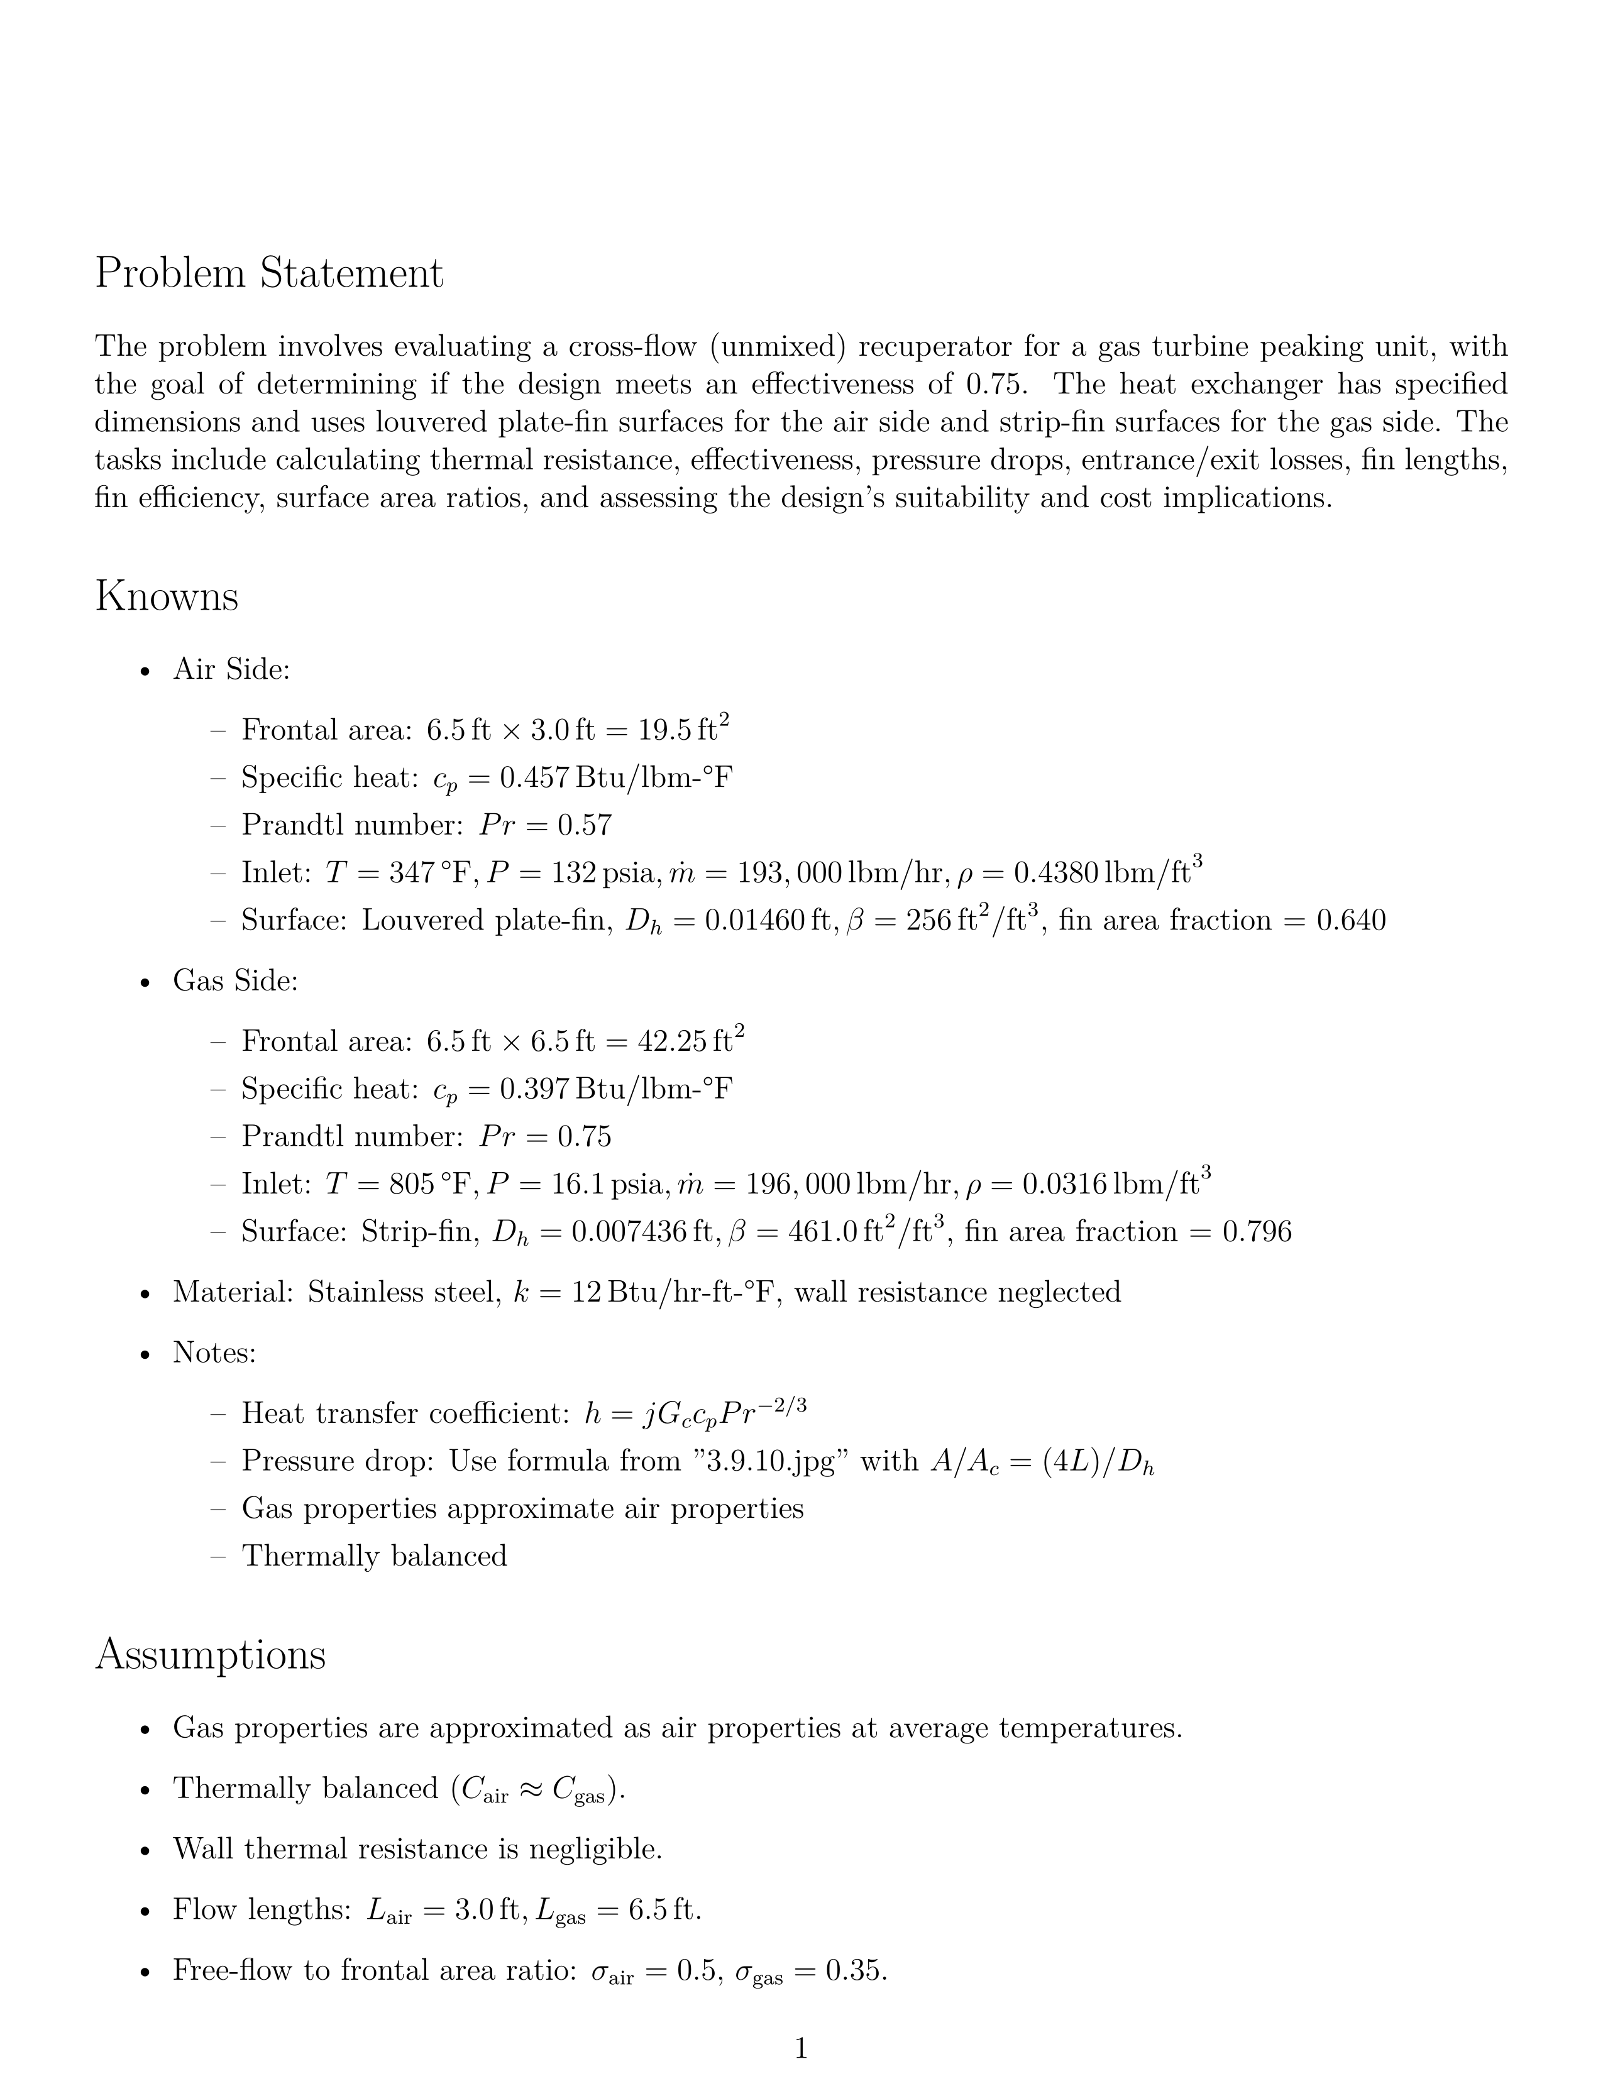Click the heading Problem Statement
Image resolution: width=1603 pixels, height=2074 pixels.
[269, 275]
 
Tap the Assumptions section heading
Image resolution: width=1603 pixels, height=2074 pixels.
[210, 1654]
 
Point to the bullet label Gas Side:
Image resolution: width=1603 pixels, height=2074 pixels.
[234, 981]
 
